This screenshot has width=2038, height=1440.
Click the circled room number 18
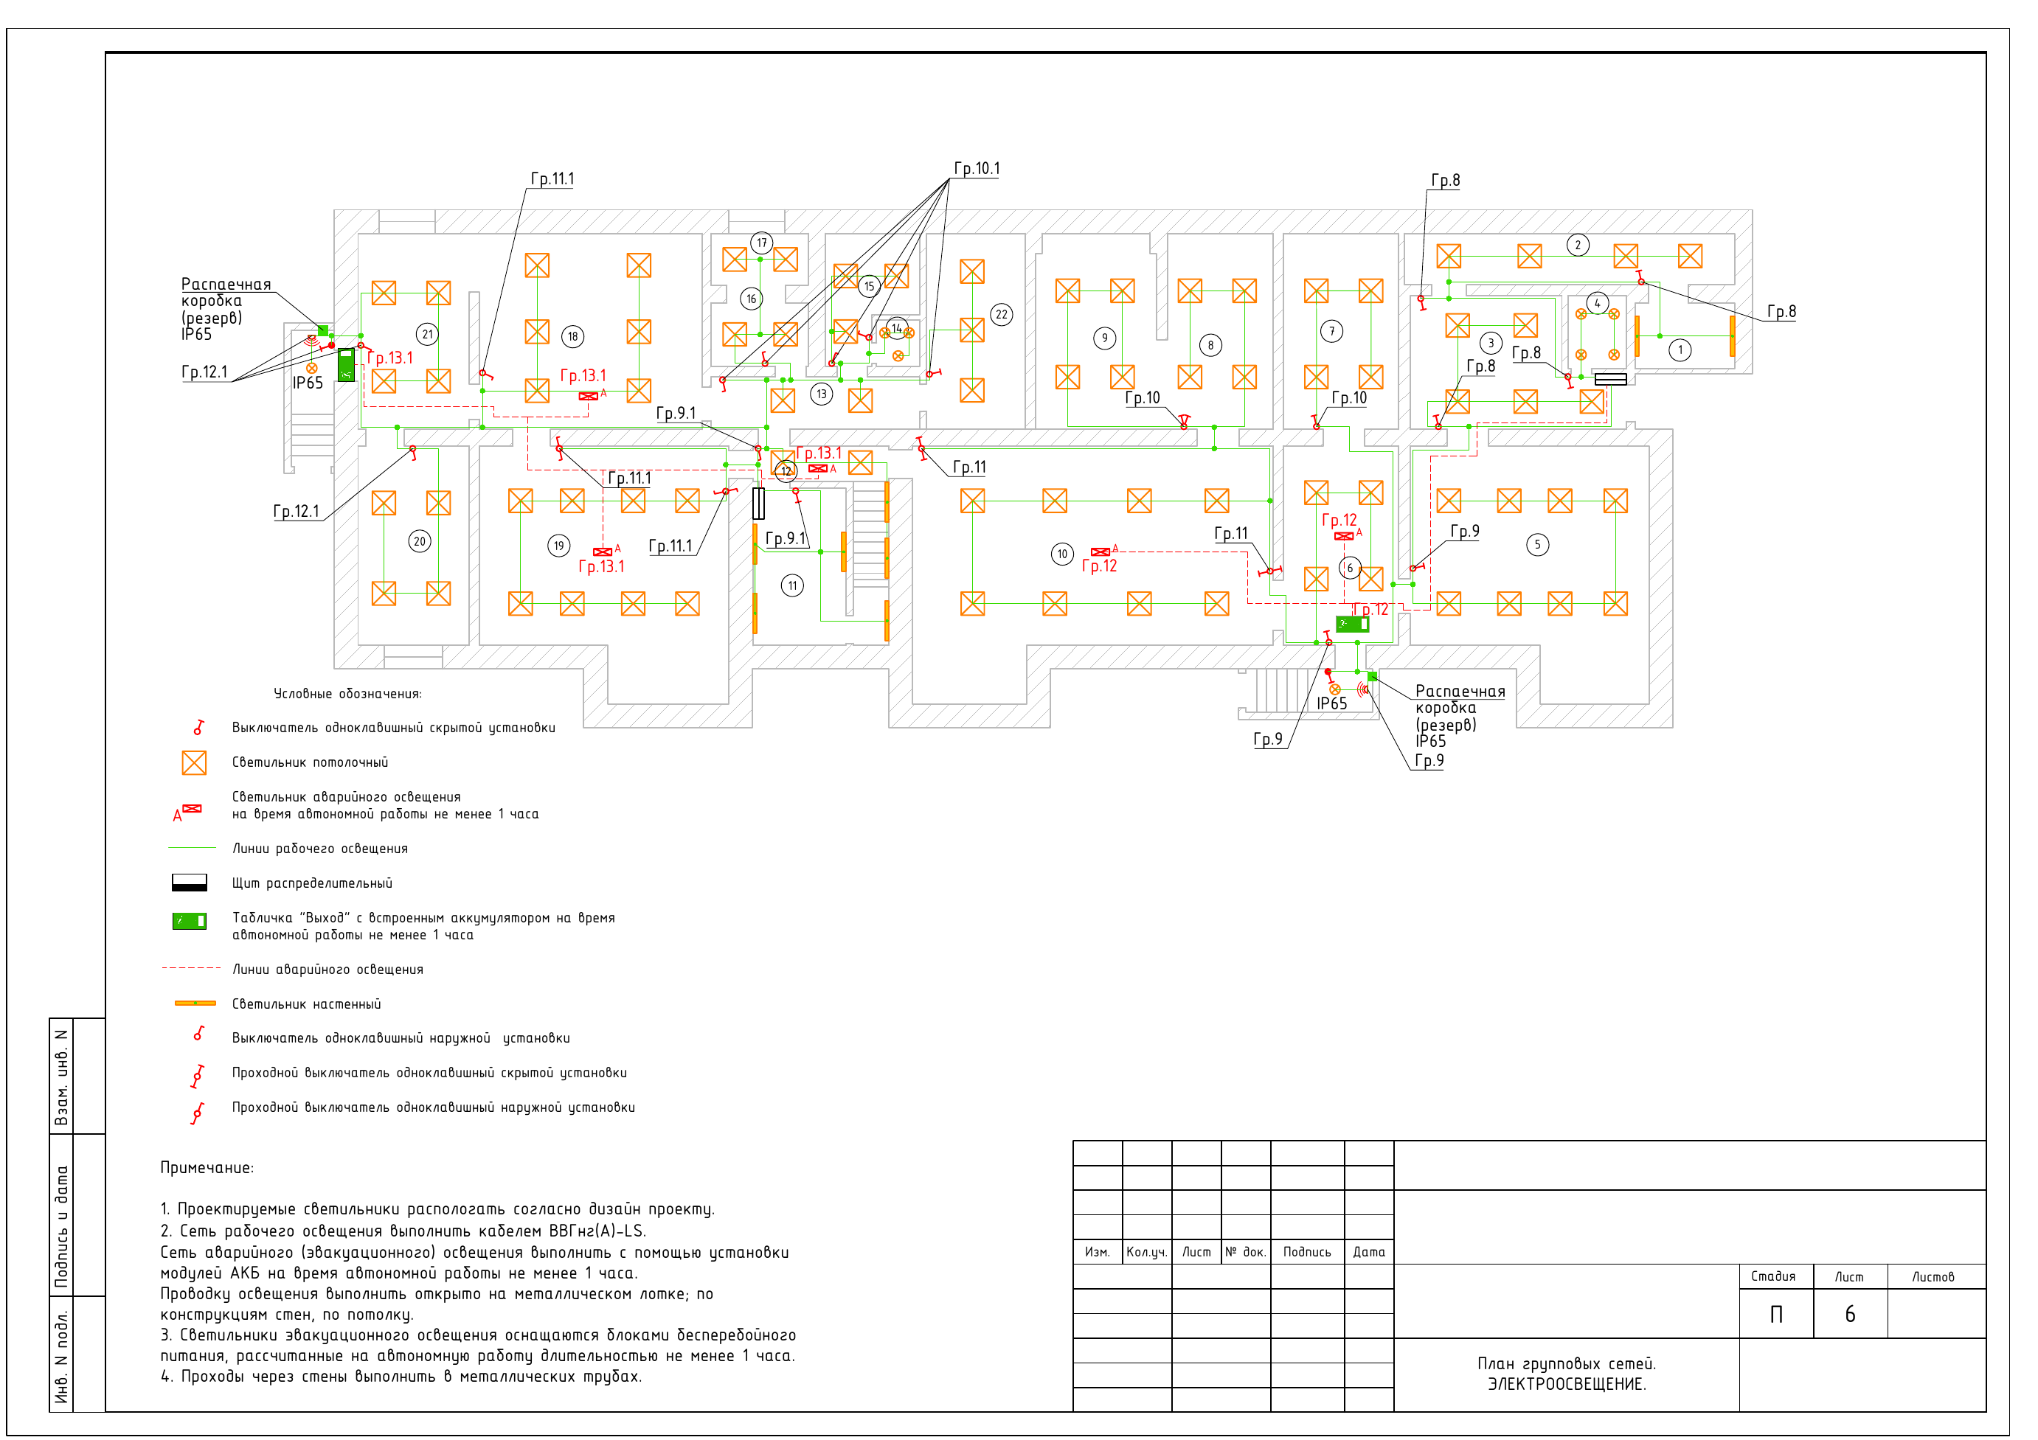coord(572,336)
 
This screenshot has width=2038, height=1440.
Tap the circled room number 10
coord(1062,554)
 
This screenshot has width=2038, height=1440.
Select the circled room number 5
coord(1537,545)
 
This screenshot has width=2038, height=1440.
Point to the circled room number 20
coord(420,541)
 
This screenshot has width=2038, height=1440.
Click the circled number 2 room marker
coord(1577,245)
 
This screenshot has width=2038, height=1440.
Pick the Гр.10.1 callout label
coord(977,169)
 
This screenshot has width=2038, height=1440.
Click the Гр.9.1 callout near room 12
coord(786,538)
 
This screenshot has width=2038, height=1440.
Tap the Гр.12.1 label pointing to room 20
coord(296,511)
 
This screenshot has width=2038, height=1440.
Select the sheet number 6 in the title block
coord(1850,1314)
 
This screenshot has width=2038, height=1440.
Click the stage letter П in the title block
coord(1776,1314)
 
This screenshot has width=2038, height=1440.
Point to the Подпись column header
coord(1306,1252)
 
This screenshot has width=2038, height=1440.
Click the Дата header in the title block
coord(1369,1252)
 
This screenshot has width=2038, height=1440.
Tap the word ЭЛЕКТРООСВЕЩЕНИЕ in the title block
coord(1567,1384)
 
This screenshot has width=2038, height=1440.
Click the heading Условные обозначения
coord(348,694)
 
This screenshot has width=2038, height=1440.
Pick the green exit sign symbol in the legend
coord(189,921)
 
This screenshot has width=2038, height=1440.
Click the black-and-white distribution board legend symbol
coord(189,883)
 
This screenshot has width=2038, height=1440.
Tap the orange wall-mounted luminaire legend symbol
coord(195,1004)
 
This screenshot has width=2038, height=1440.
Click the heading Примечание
coord(207,1168)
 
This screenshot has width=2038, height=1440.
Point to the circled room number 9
coord(1104,338)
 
